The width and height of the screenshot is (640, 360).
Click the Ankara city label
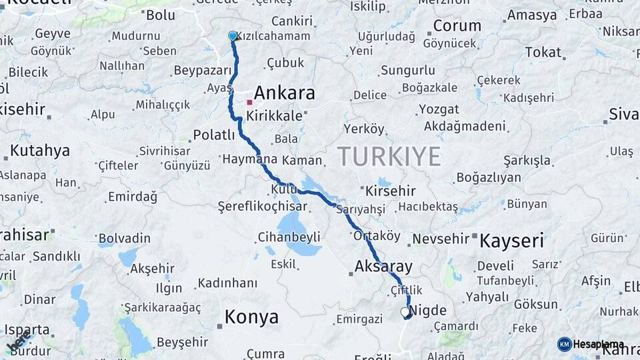284,93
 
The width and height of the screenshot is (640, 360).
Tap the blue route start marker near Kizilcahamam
233,35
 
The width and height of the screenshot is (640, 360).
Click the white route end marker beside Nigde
405,311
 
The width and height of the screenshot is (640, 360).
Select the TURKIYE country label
389,156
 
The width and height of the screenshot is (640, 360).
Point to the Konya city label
251,317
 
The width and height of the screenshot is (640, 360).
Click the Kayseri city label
512,240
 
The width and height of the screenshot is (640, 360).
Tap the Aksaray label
384,267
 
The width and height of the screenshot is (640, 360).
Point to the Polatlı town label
214,135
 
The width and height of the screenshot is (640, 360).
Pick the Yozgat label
439,109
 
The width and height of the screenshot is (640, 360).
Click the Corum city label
457,26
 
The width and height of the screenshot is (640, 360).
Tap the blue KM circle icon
564,344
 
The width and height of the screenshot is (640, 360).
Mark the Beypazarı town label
202,70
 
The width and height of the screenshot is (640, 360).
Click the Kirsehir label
391,191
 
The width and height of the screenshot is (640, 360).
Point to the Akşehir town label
152,269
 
